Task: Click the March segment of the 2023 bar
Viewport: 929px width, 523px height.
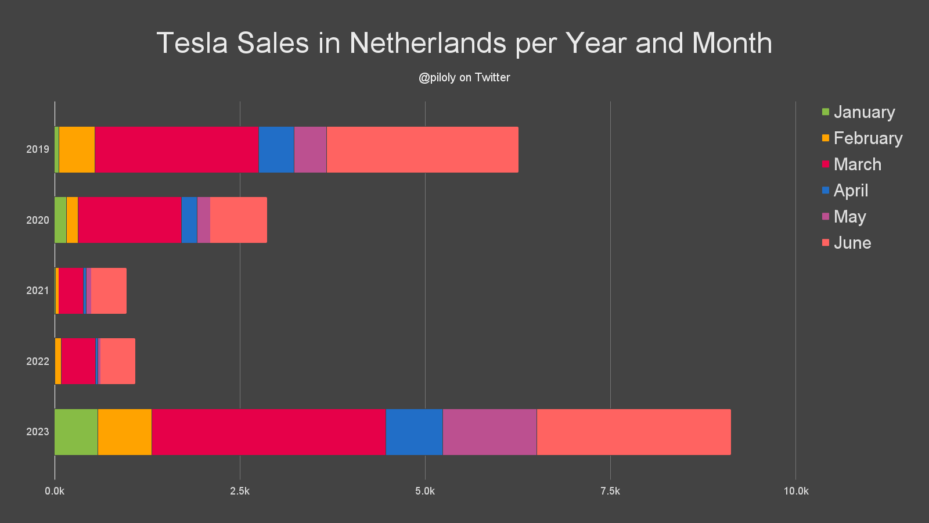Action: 268,432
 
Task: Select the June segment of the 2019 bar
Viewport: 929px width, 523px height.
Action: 422,149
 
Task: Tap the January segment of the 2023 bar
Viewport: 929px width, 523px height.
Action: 76,432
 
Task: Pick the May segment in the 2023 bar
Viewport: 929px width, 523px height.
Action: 489,432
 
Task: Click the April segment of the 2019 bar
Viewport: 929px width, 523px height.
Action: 276,149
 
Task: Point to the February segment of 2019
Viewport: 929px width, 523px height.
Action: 77,149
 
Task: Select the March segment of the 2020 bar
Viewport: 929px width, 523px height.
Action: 129,220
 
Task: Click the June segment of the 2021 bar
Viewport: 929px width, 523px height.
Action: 109,291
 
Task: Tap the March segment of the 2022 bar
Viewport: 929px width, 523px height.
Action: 78,361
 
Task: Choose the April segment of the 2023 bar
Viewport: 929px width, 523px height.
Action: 414,432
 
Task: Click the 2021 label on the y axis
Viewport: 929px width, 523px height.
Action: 38,291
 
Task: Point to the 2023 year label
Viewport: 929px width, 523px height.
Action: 38,432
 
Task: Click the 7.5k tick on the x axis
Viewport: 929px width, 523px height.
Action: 610,491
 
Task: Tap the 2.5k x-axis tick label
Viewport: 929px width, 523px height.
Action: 240,491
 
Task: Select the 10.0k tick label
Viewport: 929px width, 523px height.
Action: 795,491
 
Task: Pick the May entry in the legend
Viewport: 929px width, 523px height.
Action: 849,217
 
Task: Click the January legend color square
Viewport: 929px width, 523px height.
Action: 826,112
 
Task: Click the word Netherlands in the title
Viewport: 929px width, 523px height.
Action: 428,43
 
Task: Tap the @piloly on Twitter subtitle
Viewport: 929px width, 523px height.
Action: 464,77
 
